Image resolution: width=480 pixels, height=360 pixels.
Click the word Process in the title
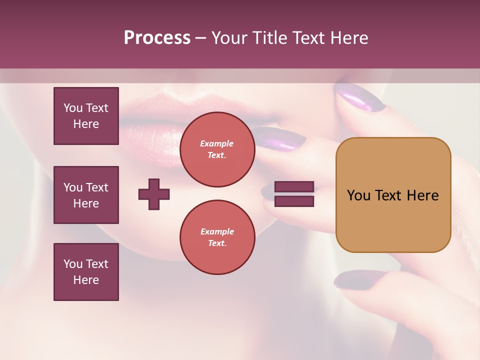pyautogui.click(x=157, y=38)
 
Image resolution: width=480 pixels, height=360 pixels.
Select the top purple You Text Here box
pyautogui.click(x=86, y=116)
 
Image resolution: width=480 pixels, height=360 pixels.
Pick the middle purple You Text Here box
pyautogui.click(x=86, y=195)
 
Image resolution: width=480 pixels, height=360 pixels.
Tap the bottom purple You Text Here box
pyautogui.click(x=86, y=272)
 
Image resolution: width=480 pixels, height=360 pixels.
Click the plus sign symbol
pyautogui.click(x=154, y=194)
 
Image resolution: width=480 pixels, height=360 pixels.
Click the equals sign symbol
pyautogui.click(x=294, y=194)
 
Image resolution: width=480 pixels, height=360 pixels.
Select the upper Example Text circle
pyautogui.click(x=217, y=149)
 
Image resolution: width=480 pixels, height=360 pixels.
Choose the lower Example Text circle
pyautogui.click(x=217, y=237)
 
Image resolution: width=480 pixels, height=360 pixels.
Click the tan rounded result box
pyautogui.click(x=393, y=195)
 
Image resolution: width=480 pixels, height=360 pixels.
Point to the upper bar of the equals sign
pyautogui.click(x=294, y=187)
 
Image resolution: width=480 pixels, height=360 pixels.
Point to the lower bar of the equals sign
pyautogui.click(x=294, y=201)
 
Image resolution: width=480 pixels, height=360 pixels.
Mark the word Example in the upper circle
pyautogui.click(x=217, y=143)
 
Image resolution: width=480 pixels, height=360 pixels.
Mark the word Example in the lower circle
pyautogui.click(x=217, y=231)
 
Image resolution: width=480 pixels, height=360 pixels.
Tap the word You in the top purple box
pyautogui.click(x=73, y=108)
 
